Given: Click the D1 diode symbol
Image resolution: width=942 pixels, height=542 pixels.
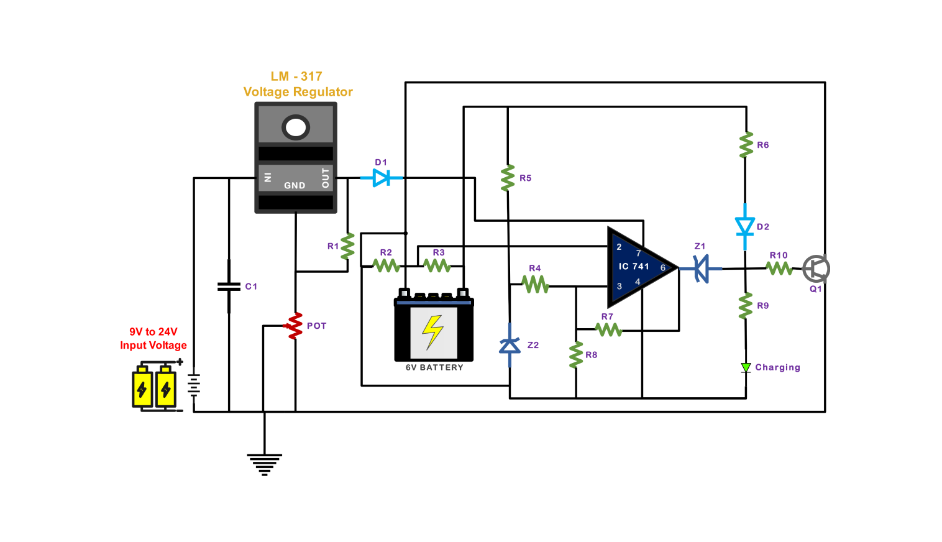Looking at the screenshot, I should pos(382,178).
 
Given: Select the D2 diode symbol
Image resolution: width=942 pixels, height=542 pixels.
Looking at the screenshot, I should pos(745,227).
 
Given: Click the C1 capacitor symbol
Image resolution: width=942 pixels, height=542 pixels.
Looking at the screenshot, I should pos(229,287).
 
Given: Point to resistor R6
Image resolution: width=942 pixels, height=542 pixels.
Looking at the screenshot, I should pos(746,145).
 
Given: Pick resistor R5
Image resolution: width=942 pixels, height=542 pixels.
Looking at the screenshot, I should pos(508,178).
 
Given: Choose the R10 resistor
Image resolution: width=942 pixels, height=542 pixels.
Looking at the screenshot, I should pos(779,268).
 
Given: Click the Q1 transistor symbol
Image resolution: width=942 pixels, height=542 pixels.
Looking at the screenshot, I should pos(816,269).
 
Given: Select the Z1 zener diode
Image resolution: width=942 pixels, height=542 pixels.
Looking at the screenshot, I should pos(702,269).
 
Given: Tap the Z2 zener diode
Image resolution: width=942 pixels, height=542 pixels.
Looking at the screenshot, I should pos(510,345).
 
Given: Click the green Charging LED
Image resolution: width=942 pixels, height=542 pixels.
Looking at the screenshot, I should pos(746,368).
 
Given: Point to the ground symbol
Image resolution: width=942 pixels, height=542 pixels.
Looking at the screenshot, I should pos(264,464).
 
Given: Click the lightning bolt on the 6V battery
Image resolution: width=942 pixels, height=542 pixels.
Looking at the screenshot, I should pos(432,331).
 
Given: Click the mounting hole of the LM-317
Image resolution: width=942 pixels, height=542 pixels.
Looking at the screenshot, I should pos(296,127).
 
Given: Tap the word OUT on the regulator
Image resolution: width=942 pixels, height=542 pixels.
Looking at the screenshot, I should pos(325,178).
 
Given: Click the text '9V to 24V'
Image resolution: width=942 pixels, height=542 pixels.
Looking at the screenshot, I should pos(153,332).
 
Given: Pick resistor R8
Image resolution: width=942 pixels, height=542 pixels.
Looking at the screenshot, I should pos(576,355).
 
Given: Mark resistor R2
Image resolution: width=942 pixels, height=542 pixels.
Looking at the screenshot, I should pos(386,265).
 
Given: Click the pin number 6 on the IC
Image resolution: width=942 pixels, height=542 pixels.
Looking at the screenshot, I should pos(663,268).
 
